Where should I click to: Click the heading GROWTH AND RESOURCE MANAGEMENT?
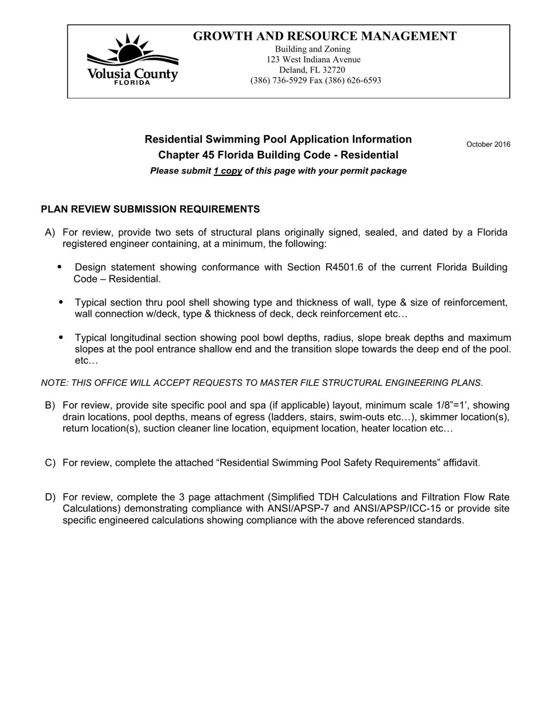click(x=324, y=36)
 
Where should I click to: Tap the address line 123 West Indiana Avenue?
click(x=313, y=60)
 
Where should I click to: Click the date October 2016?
click(x=488, y=144)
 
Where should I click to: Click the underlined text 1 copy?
click(x=228, y=171)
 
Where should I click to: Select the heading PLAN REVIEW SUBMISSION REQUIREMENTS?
click(x=150, y=209)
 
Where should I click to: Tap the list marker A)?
click(x=50, y=233)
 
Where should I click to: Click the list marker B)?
click(x=50, y=406)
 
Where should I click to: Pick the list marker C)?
click(x=50, y=463)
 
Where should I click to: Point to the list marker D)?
click(x=50, y=497)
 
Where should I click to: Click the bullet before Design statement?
click(x=60, y=267)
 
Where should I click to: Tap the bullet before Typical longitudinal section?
click(x=61, y=338)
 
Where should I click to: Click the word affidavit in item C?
click(x=460, y=463)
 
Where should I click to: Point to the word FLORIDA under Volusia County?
click(x=132, y=82)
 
